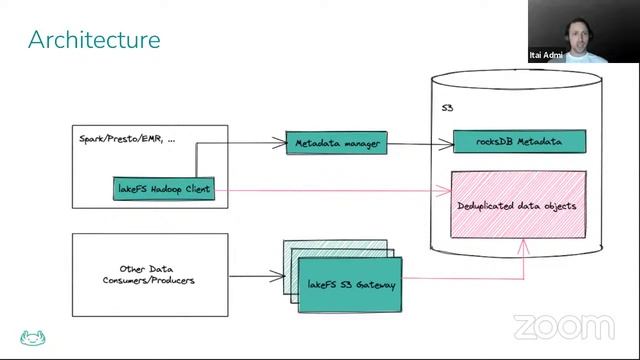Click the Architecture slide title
point(94,40)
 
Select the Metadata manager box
point(336,143)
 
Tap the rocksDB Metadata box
point(519,142)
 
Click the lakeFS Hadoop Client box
point(165,188)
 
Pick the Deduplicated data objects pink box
point(518,205)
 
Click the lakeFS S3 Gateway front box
point(350,285)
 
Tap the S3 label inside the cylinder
point(448,107)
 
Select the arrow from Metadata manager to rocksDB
point(418,144)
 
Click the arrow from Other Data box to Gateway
point(256,274)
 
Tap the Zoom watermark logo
point(563,327)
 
